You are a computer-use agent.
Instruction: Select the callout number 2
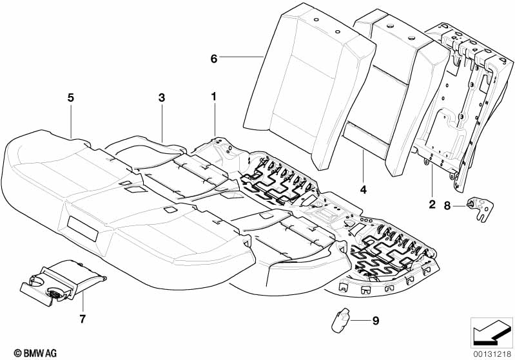point(432,204)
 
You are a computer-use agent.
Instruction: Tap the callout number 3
point(162,97)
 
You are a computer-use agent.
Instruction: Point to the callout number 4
point(364,190)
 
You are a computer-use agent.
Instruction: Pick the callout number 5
point(71,97)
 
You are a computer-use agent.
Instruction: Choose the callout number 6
point(214,59)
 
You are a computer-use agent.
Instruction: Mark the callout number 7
point(83,318)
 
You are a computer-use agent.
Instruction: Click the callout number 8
point(447,206)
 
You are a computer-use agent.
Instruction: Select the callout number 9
point(376,321)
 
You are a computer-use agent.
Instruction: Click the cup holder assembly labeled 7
point(63,283)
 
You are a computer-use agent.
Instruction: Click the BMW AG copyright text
point(35,353)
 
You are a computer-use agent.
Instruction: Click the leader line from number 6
point(242,57)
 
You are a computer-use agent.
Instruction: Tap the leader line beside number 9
point(359,320)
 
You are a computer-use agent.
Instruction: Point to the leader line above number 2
point(432,182)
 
